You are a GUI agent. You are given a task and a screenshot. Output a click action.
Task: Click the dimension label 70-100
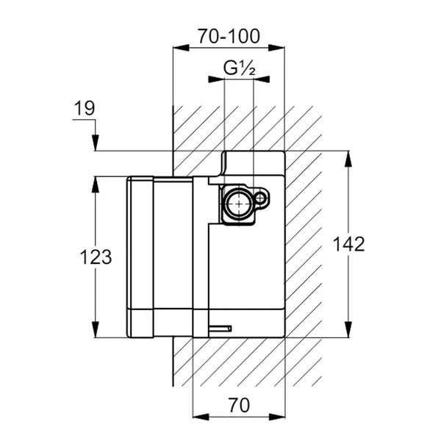click(x=229, y=34)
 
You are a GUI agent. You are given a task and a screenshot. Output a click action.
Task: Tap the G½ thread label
click(x=239, y=70)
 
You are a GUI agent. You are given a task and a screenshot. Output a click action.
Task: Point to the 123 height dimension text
click(x=96, y=257)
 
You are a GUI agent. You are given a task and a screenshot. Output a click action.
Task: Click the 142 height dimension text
click(x=348, y=244)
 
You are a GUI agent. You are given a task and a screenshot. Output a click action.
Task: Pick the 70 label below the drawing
click(x=239, y=404)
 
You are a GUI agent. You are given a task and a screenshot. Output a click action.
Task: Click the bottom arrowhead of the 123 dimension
click(x=95, y=332)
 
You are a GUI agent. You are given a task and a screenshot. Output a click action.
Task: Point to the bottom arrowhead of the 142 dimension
click(x=348, y=332)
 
